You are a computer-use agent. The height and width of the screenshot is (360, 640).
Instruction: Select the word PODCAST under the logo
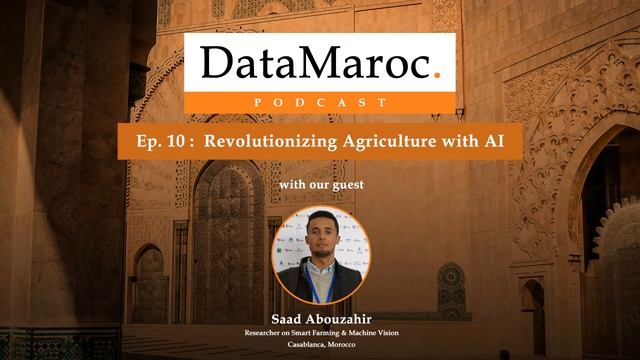click(320, 101)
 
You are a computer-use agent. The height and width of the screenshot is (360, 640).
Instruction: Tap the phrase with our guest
click(320, 185)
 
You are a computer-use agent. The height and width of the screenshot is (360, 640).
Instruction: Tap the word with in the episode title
click(459, 142)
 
